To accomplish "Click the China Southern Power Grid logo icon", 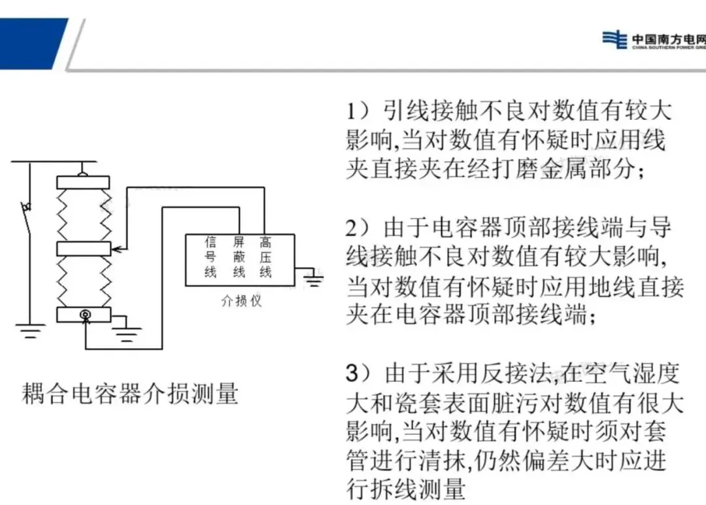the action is [x=614, y=39].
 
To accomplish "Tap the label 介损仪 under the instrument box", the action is [x=241, y=302].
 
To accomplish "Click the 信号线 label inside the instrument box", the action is [x=210, y=257].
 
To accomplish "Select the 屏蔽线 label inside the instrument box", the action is [x=239, y=257].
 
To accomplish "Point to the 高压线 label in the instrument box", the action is [x=265, y=257].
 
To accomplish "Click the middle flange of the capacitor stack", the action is [x=83, y=249].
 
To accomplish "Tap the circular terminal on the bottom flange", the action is [x=84, y=315].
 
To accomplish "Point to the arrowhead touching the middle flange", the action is [x=114, y=249].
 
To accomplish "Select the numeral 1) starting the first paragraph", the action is [x=358, y=111].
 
